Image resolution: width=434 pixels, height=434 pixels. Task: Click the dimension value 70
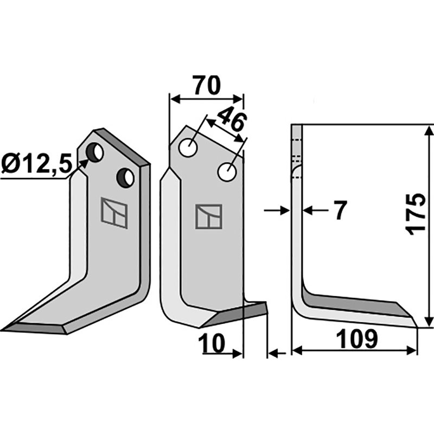207,85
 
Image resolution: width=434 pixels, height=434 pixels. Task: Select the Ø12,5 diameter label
36,164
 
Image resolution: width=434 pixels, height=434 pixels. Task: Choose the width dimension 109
357,339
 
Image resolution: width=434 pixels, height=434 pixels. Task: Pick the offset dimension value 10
212,343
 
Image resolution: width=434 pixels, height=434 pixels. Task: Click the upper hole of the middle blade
188,148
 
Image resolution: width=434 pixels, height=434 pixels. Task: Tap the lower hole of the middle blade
227,172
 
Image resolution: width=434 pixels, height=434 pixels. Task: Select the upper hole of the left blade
94,152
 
